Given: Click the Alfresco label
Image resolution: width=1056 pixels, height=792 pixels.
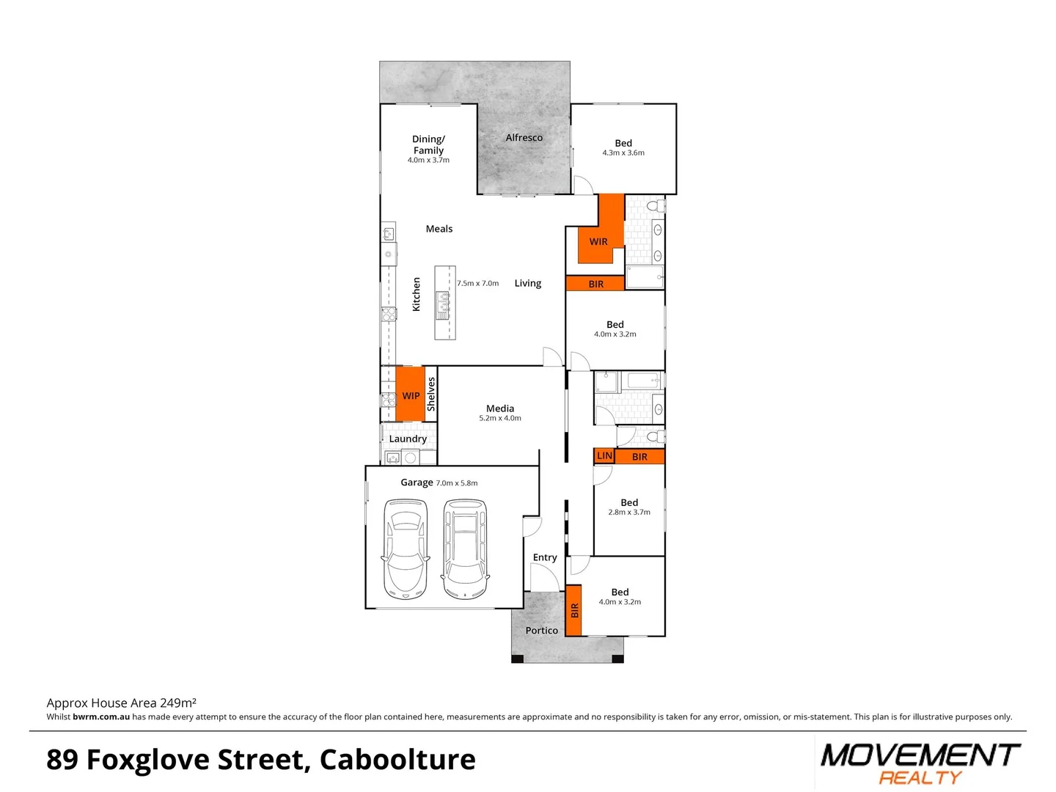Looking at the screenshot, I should (524, 138).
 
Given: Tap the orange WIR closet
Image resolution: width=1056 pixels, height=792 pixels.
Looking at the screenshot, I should (598, 241).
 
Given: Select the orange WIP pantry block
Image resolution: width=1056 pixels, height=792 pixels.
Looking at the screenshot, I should (410, 395).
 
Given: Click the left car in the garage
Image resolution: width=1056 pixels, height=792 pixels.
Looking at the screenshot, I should (406, 549).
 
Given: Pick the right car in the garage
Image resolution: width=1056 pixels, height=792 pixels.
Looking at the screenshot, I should (465, 549).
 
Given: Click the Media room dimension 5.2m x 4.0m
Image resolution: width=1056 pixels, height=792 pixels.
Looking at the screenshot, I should (500, 419).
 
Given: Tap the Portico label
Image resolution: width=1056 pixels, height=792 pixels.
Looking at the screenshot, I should (541, 631).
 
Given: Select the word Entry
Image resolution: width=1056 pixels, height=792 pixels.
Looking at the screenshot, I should (545, 558).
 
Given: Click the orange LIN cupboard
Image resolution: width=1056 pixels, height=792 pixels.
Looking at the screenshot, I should (604, 456).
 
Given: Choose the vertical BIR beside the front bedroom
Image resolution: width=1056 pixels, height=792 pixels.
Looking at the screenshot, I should (574, 610).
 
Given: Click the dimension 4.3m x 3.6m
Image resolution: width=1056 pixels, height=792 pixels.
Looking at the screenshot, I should (623, 153).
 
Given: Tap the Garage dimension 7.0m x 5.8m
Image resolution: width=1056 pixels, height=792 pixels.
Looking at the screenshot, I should (457, 483).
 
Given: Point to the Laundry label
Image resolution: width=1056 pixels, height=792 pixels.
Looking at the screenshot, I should (408, 439).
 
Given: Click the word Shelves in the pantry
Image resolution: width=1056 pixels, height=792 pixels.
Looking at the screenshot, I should (431, 394).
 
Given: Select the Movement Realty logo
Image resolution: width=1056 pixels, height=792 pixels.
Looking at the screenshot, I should (920, 763).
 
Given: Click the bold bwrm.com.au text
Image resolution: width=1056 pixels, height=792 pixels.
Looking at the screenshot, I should (101, 717).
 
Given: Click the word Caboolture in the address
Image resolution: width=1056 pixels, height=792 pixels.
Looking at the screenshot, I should (397, 760).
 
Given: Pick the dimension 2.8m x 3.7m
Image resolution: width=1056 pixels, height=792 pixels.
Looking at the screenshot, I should (629, 513).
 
